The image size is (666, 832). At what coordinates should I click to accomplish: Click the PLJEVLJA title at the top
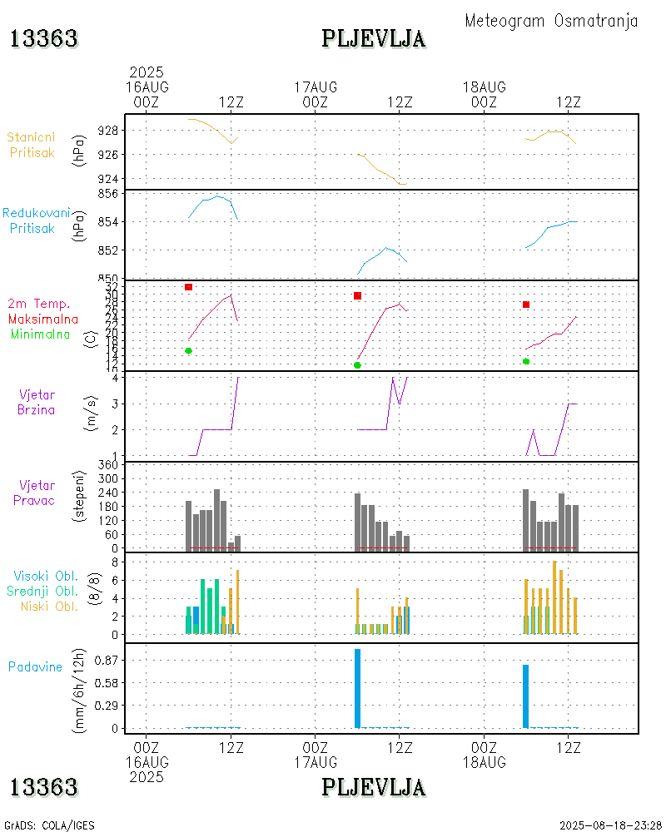(x=374, y=39)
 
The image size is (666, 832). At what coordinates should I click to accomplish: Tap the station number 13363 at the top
(x=43, y=39)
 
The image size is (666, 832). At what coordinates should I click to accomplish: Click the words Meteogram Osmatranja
(x=551, y=21)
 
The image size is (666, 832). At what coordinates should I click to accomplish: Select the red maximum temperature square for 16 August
(x=189, y=287)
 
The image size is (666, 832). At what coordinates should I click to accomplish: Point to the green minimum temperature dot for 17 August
(x=357, y=365)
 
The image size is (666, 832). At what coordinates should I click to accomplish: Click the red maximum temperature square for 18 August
(x=526, y=305)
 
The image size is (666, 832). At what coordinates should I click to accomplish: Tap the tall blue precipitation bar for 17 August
(x=357, y=688)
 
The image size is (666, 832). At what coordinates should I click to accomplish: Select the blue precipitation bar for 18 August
(x=526, y=696)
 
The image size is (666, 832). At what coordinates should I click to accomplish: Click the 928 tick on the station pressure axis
(x=107, y=131)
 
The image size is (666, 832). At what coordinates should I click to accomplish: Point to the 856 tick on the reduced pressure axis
(x=107, y=193)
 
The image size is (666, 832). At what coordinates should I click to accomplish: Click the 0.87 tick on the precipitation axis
(x=104, y=660)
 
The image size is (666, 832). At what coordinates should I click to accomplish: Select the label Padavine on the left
(x=35, y=666)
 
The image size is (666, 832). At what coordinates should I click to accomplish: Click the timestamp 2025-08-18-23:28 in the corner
(x=610, y=825)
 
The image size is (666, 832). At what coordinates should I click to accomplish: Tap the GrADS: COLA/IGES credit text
(x=49, y=825)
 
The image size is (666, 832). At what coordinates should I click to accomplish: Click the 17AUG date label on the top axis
(x=316, y=87)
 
